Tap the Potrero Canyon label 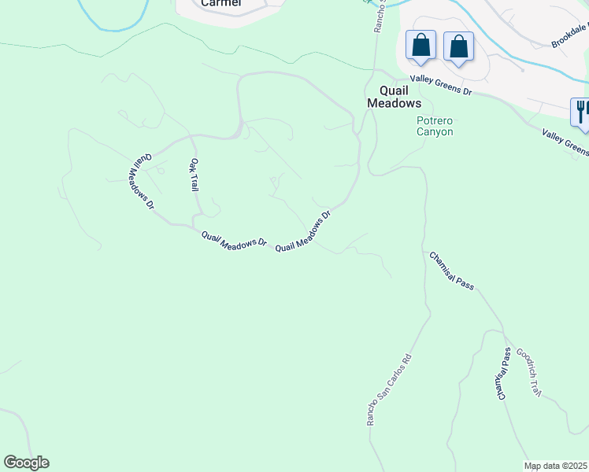[435, 126]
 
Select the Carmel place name [220, 3]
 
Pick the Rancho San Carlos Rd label [389, 390]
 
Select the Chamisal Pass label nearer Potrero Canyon [451, 271]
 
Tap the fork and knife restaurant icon [581, 110]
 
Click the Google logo [26, 463]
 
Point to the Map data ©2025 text [556, 466]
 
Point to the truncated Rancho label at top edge [379, 16]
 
